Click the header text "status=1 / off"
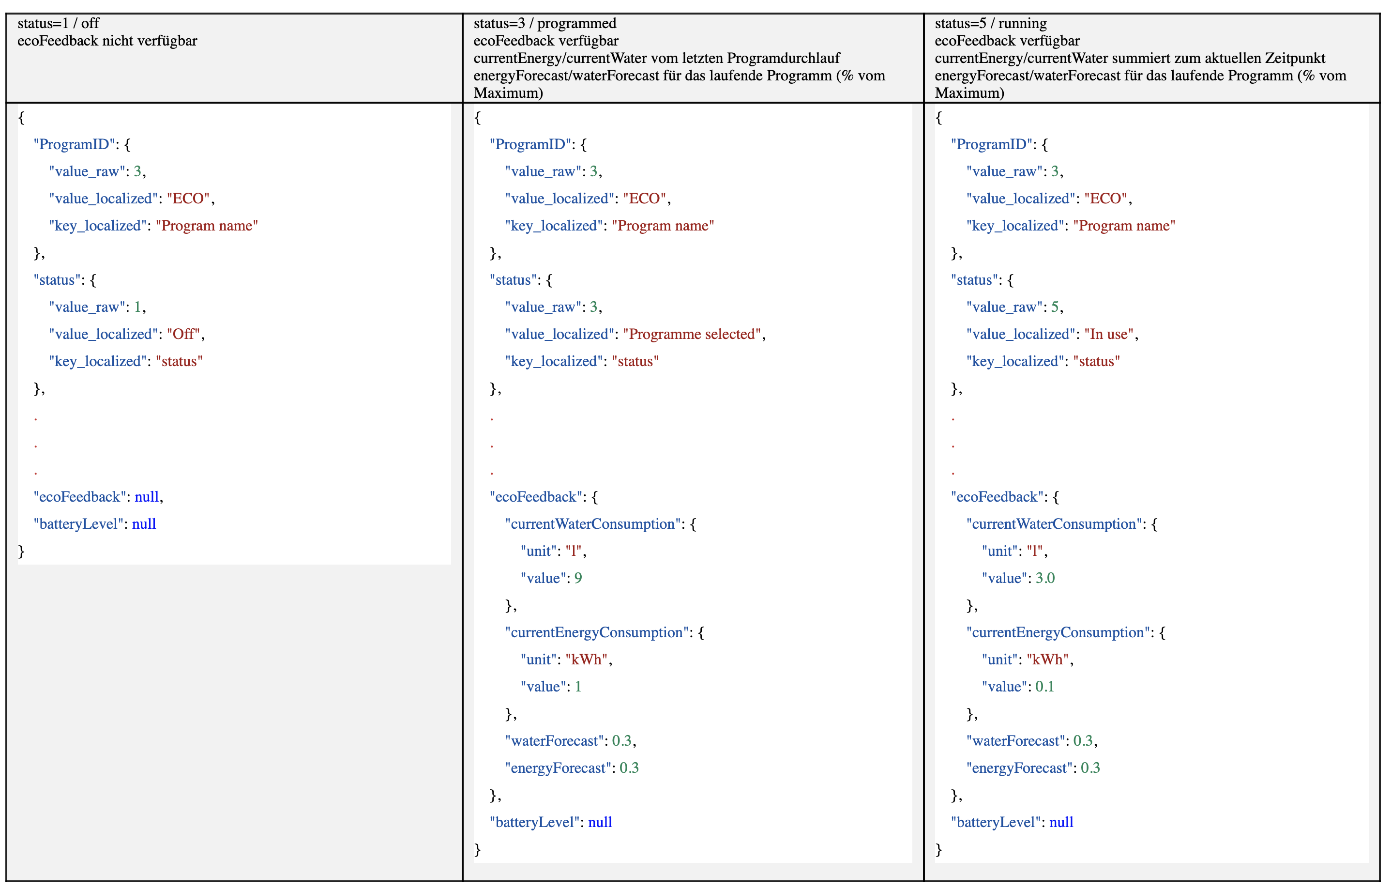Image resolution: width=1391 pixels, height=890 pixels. pyautogui.click(x=59, y=24)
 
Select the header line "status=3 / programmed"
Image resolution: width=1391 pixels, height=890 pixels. pyautogui.click(x=544, y=24)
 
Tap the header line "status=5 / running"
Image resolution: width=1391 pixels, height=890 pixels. pyautogui.click(x=990, y=24)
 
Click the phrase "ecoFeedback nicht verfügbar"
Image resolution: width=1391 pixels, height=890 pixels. pyautogui.click(x=107, y=41)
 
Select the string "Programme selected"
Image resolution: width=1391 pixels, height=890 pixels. pyautogui.click(x=692, y=334)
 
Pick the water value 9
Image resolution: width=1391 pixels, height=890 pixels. pyautogui.click(x=578, y=578)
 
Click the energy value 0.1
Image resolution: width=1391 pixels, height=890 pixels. pyautogui.click(x=1044, y=687)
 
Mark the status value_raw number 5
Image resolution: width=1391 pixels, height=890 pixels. pyautogui.click(x=1055, y=307)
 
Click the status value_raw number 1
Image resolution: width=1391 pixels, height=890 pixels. pyautogui.click(x=137, y=307)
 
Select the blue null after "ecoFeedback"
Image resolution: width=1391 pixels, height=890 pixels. pyautogui.click(x=147, y=497)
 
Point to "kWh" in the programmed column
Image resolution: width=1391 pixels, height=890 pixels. pyautogui.click(x=586, y=660)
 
